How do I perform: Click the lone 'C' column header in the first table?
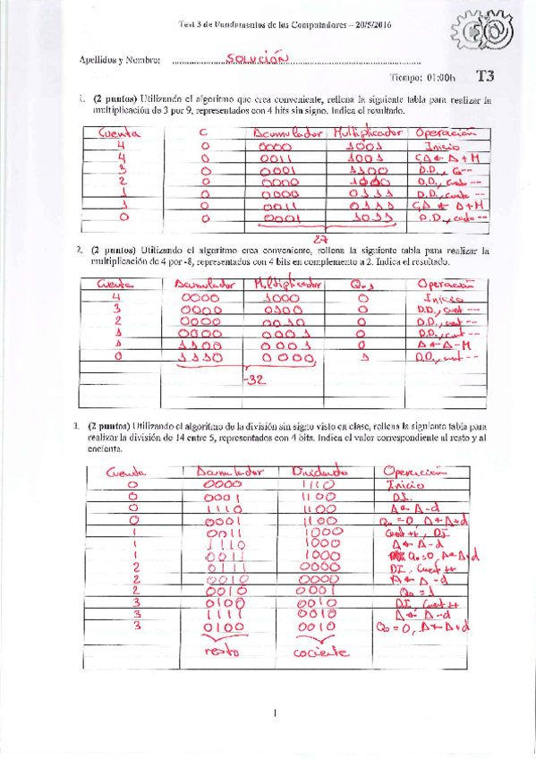click(x=203, y=132)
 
